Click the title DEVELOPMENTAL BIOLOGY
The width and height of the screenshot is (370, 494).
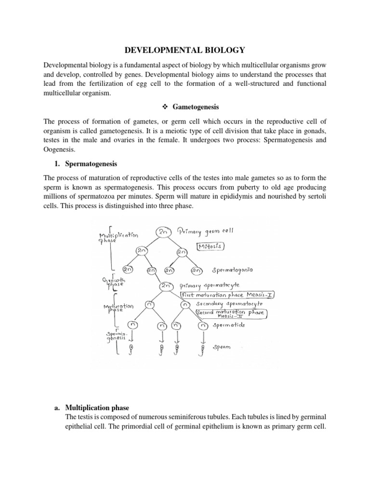pos(185,49)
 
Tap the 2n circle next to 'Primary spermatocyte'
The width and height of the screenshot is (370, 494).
pos(166,286)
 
